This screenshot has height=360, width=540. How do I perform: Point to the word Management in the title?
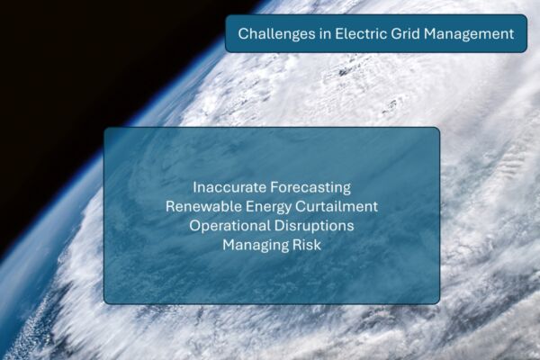[469, 34]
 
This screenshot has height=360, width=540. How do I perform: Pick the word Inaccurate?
[229, 187]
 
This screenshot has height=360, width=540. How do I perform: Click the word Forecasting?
[310, 188]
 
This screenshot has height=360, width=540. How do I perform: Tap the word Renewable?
[203, 207]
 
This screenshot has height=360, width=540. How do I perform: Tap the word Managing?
[256, 246]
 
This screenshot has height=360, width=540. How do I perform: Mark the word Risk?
[307, 245]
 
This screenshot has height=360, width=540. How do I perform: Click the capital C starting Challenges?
[243, 34]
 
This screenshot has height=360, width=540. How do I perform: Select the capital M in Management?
[430, 34]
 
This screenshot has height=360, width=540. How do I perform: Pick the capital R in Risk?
[297, 245]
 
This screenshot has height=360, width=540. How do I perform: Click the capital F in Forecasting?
[274, 187]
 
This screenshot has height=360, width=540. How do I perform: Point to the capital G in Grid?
[396, 34]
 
